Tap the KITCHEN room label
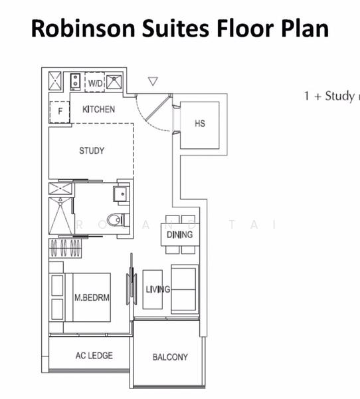click(98, 109)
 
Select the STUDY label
click(92, 151)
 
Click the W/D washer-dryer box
click(94, 82)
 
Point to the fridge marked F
click(60, 111)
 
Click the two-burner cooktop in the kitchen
click(76, 82)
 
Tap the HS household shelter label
click(200, 124)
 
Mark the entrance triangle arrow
click(153, 81)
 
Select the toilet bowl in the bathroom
click(118, 218)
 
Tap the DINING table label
click(179, 234)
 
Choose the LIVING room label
click(158, 289)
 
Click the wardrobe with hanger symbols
click(65, 249)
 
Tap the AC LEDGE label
click(94, 356)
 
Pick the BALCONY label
click(170, 357)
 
